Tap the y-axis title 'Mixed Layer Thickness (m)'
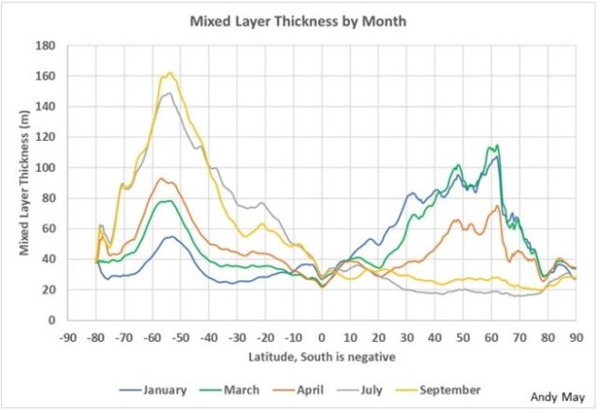coord(20,182)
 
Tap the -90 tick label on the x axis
coord(68,335)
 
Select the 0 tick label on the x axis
coord(322,335)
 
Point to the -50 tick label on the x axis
coord(181,335)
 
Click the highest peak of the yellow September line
coord(169,73)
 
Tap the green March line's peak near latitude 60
coord(496,145)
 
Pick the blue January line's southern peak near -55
coord(169,236)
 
